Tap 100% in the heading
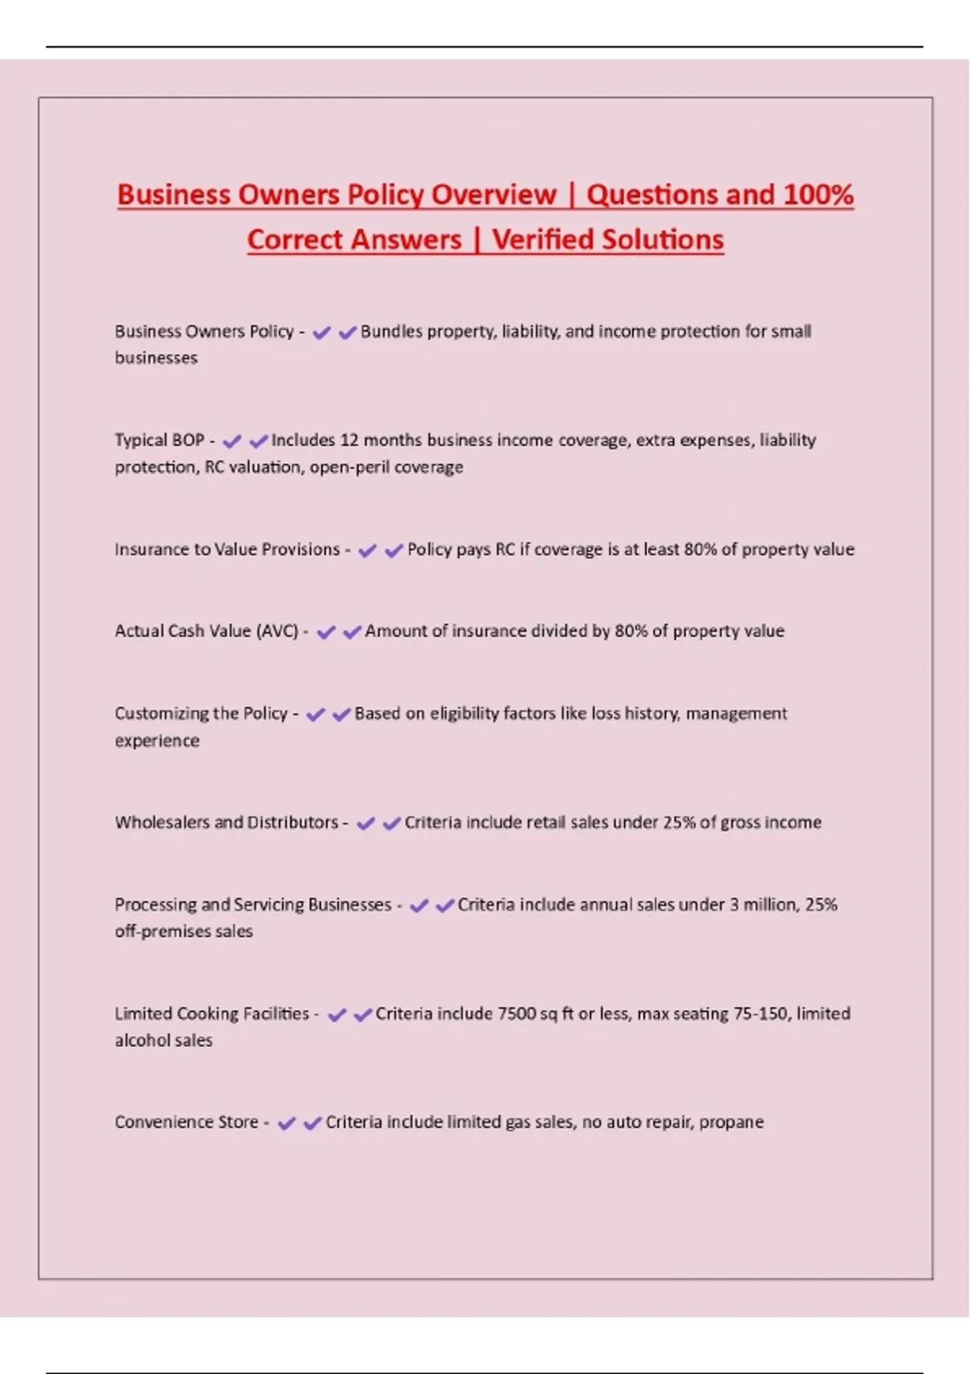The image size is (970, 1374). (x=818, y=195)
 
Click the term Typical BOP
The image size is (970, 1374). (x=159, y=440)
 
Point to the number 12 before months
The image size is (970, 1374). (x=348, y=440)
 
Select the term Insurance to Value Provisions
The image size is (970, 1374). (x=227, y=550)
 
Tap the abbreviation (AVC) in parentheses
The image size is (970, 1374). (x=277, y=631)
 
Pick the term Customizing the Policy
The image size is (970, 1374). (x=201, y=714)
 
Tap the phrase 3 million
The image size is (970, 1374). (x=762, y=904)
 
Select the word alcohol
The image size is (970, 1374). (x=139, y=1041)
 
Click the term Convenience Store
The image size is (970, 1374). (x=186, y=1123)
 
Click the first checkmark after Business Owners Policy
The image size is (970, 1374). (x=322, y=332)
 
